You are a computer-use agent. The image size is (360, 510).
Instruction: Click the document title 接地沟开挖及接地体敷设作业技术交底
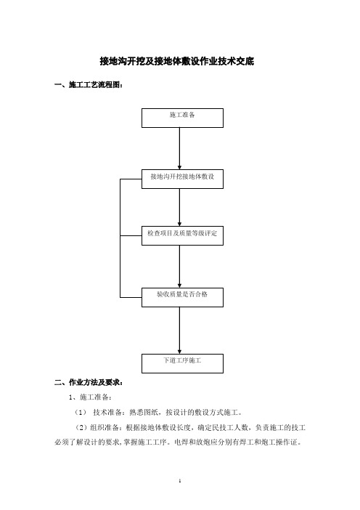pyautogui.click(x=177, y=61)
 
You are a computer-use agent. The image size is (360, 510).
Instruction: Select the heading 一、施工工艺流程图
pyautogui.click(x=89, y=85)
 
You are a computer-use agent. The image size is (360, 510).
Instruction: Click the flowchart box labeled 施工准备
pyautogui.click(x=182, y=118)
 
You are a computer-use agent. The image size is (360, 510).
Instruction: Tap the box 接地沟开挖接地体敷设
pyautogui.click(x=182, y=179)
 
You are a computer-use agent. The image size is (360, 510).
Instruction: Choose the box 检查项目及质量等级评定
pyautogui.click(x=182, y=235)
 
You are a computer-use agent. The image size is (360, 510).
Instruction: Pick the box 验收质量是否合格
pyautogui.click(x=182, y=297)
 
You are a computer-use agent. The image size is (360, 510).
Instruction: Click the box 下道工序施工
pyautogui.click(x=182, y=363)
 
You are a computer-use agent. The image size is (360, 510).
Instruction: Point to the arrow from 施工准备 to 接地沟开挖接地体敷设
pyautogui.click(x=179, y=148)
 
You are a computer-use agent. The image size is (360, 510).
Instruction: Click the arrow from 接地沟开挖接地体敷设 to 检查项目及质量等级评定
pyautogui.click(x=179, y=207)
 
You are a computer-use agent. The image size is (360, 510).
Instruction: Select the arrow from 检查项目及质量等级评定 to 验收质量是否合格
pyautogui.click(x=179, y=267)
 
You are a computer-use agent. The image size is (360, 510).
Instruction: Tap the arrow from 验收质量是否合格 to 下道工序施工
pyautogui.click(x=179, y=331)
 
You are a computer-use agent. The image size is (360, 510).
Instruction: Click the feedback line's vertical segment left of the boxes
pyautogui.click(x=120, y=238)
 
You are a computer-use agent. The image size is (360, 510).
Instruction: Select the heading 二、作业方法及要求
pyautogui.click(x=89, y=382)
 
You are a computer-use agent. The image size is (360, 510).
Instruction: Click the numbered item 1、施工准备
pyautogui.click(x=90, y=397)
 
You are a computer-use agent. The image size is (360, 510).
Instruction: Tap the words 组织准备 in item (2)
pyautogui.click(x=105, y=427)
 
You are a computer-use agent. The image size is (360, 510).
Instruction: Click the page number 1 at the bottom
pyautogui.click(x=180, y=480)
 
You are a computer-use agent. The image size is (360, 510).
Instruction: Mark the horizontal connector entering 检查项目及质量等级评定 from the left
pyautogui.click(x=131, y=236)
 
